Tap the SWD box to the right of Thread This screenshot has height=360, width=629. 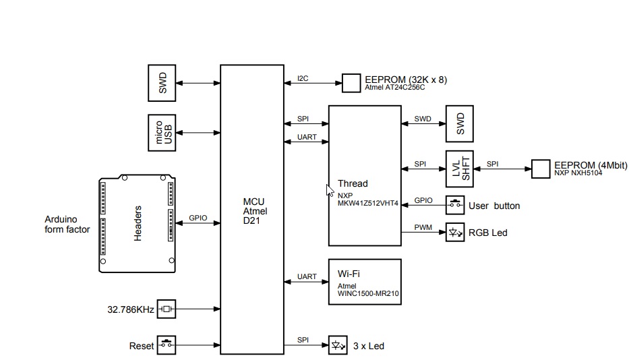[x=460, y=123]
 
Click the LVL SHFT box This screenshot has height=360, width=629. [x=460, y=169]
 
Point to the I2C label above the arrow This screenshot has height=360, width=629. [x=303, y=78]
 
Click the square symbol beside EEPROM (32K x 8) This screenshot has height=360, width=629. [x=351, y=84]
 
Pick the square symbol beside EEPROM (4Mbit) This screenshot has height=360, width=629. [x=541, y=169]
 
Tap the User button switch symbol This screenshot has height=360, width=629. [x=455, y=205]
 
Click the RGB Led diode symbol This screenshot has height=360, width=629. [x=455, y=232]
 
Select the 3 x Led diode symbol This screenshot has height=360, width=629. [x=337, y=345]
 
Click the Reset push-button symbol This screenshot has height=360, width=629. [x=166, y=345]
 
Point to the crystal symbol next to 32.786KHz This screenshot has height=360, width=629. [x=166, y=309]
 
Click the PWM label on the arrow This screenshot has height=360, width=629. [x=423, y=227]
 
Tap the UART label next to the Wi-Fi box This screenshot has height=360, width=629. [x=307, y=276]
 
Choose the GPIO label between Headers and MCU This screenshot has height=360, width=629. [x=198, y=218]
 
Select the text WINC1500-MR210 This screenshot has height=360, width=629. [x=369, y=294]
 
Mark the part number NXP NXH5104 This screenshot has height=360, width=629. [x=578, y=173]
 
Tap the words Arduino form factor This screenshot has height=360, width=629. [x=67, y=225]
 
